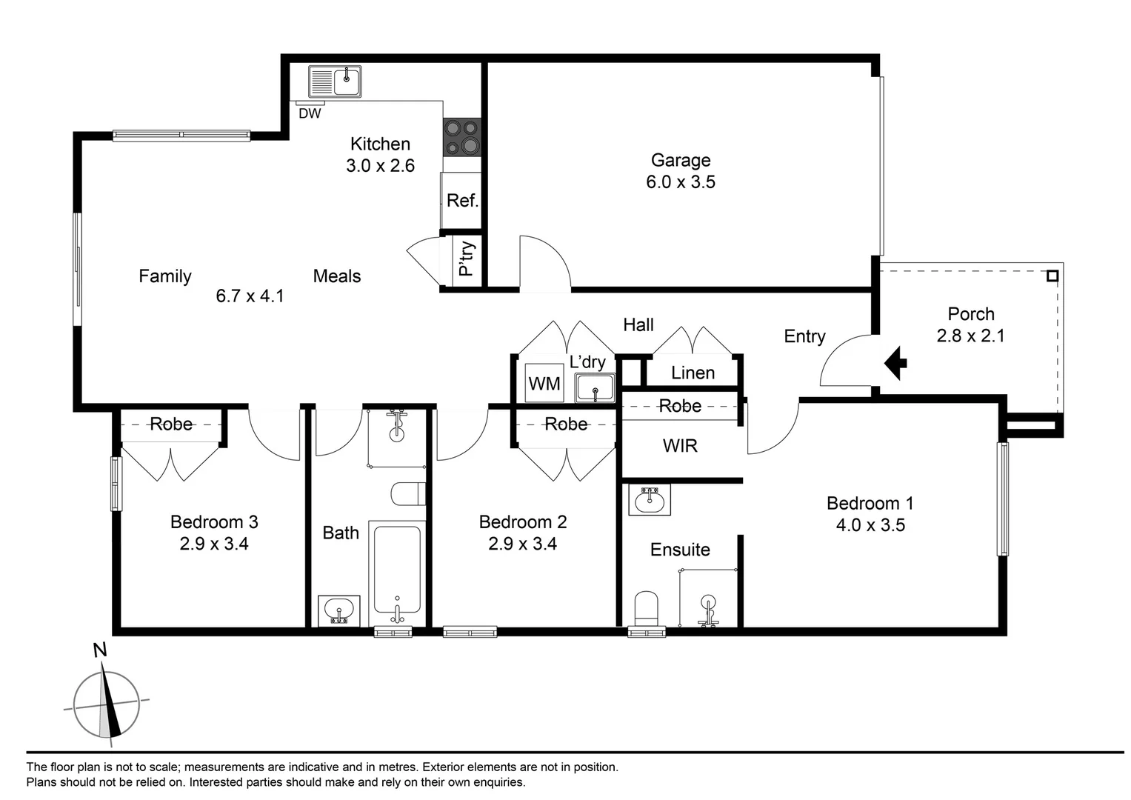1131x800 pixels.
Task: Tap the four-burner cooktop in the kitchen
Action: click(x=461, y=137)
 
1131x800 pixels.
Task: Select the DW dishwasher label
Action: click(x=310, y=114)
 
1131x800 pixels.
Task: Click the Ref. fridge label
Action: click(x=462, y=201)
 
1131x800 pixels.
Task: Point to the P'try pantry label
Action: click(x=467, y=259)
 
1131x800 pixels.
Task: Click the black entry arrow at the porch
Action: click(x=895, y=363)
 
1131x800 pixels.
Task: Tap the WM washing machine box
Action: click(x=544, y=384)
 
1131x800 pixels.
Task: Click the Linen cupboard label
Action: click(x=693, y=373)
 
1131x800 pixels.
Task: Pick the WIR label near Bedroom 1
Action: click(x=680, y=446)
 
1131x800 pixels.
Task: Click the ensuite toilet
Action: click(x=647, y=607)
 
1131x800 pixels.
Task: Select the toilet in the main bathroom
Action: click(x=408, y=494)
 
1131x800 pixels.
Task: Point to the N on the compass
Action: click(x=100, y=650)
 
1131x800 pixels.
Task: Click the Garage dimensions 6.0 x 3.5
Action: click(x=680, y=182)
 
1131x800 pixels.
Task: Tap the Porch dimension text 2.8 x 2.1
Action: click(x=970, y=336)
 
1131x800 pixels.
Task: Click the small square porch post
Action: click(x=1052, y=276)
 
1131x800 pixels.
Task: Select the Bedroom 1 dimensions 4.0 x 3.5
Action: click(x=870, y=525)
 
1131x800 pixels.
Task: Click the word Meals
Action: click(x=337, y=276)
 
